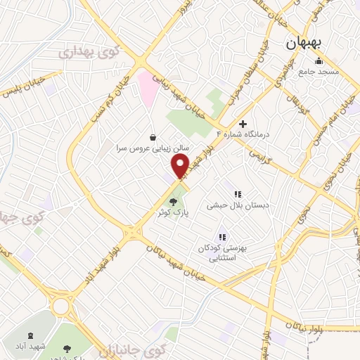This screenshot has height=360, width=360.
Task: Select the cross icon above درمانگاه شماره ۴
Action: tap(243, 124)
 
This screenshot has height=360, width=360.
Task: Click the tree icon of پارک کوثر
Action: tap(173, 203)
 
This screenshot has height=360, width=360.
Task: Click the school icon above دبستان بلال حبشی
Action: tap(237, 194)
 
